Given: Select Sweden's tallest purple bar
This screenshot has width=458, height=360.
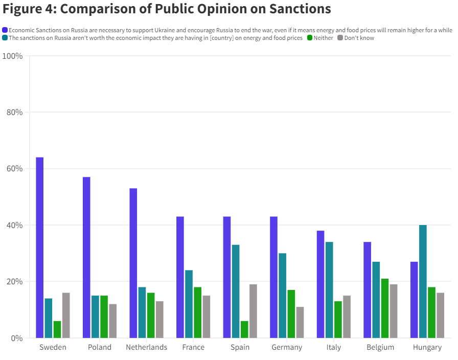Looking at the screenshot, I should tap(39, 247).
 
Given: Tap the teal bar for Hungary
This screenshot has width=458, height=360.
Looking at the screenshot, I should tap(423, 281).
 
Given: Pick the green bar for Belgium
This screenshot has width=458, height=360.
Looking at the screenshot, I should tap(384, 308).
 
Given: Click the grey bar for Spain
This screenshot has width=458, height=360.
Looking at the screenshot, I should tap(253, 311).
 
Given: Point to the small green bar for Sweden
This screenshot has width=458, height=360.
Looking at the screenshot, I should tap(57, 329).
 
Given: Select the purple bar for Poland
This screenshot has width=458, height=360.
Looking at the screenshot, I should tap(86, 257).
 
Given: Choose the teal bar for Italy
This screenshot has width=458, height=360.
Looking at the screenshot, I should tap(329, 290).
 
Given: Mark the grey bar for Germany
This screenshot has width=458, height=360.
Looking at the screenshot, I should tap(300, 322).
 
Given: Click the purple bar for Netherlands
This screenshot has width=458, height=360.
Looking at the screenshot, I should tap(133, 263).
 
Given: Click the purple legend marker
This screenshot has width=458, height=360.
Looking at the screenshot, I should tap(5, 30).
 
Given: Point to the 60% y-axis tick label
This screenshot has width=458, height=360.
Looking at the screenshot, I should tap(14, 169).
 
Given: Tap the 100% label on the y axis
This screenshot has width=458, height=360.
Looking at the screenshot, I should tap(12, 56).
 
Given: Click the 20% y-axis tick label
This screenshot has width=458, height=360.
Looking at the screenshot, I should tap(14, 282).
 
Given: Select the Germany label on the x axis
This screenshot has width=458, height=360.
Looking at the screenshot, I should tap(287, 347).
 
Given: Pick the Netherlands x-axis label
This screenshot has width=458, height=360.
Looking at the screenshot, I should tap(146, 347).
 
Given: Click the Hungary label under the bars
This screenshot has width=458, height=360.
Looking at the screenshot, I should tap(427, 347).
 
